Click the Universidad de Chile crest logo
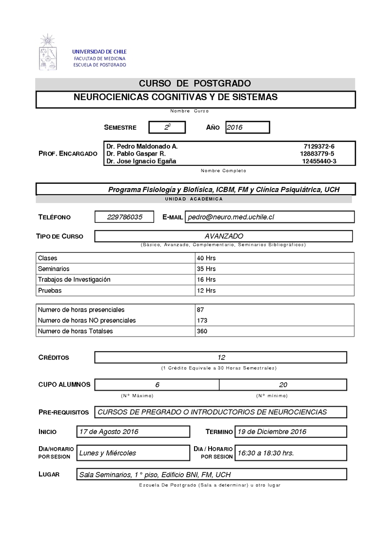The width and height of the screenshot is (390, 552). [48, 52]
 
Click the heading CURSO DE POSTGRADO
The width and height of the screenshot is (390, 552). [195, 83]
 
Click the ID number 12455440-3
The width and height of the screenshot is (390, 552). [319, 161]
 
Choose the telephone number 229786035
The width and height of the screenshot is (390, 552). [125, 217]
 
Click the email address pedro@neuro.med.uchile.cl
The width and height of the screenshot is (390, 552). [231, 217]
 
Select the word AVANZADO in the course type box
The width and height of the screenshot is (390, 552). [224, 236]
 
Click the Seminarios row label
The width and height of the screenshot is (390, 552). [54, 269]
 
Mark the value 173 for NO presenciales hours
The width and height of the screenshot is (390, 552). [202, 320]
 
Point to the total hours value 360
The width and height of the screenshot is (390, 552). [202, 331]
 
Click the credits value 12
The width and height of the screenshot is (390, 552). [221, 357]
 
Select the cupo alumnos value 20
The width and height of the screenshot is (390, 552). [283, 385]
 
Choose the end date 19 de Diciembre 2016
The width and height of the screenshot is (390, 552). [272, 432]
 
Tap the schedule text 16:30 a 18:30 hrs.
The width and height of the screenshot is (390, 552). [266, 453]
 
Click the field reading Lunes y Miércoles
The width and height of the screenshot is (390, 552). [108, 453]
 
